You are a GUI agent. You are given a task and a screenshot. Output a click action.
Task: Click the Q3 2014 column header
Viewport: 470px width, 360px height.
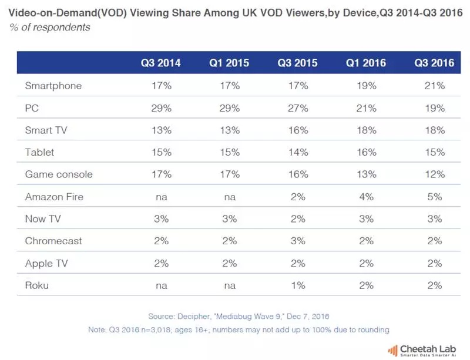pyautogui.click(x=160, y=63)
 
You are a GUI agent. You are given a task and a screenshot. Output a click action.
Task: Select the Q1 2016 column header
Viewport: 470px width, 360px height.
pyautogui.click(x=365, y=63)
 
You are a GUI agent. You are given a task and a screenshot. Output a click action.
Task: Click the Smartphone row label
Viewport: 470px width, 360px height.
pyautogui.click(x=53, y=86)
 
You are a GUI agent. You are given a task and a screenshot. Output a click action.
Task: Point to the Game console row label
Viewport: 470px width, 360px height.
pyautogui.click(x=59, y=174)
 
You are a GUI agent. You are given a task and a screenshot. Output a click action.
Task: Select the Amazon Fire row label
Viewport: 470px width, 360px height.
pyautogui.click(x=54, y=197)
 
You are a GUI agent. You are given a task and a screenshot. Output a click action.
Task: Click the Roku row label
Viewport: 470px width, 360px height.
pyautogui.click(x=37, y=285)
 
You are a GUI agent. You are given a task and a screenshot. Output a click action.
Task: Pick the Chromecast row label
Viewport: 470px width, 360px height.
pyautogui.click(x=53, y=241)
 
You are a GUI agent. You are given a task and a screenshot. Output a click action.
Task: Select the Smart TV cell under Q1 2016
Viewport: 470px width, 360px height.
pyautogui.click(x=365, y=130)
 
